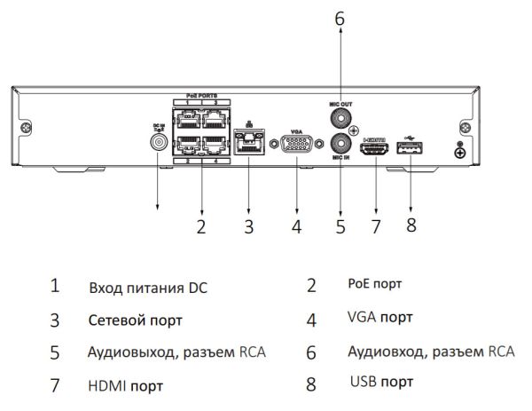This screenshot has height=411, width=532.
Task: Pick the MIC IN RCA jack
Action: point(339,142)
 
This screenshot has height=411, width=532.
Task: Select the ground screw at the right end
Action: point(459,152)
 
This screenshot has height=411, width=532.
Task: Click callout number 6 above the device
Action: point(338,16)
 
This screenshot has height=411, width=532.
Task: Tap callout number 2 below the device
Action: point(201,225)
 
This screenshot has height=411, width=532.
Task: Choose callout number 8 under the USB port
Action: point(411,225)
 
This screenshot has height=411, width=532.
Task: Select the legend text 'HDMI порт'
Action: point(125,385)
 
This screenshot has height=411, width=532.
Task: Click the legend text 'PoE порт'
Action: point(373,285)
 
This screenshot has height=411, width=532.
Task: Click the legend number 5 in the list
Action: point(55,352)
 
